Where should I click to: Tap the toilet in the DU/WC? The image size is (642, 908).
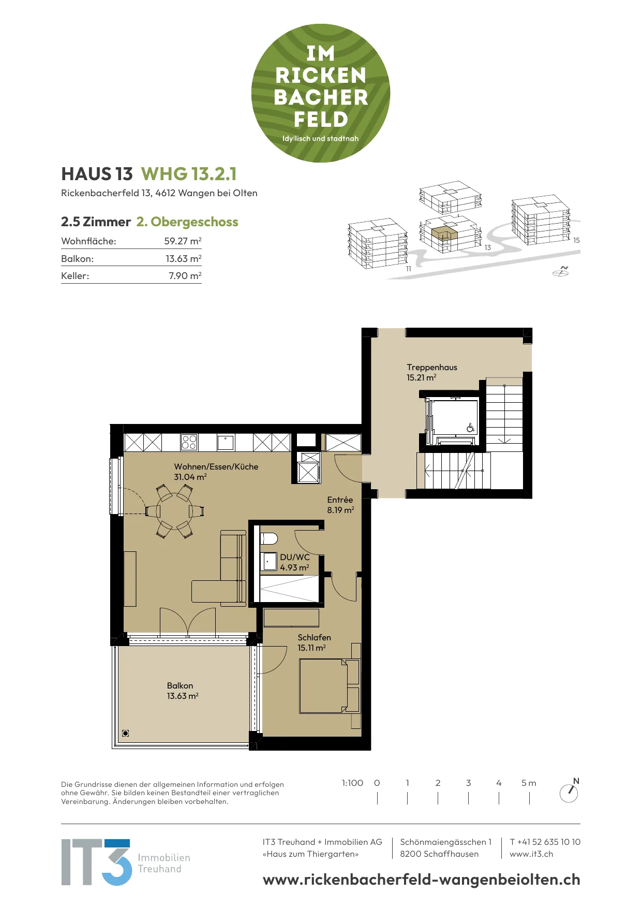tap(269, 538)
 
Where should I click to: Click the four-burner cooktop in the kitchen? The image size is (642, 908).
tap(189, 442)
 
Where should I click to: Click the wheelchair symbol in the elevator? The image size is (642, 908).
tap(470, 428)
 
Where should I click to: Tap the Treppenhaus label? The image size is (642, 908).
tap(432, 367)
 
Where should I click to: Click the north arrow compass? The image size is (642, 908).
tap(569, 792)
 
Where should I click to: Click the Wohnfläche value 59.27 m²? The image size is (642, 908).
tap(183, 241)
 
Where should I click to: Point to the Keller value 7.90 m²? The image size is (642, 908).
tap(185, 276)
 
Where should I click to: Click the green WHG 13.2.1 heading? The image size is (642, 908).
tap(189, 174)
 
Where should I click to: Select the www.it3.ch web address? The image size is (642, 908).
tap(531, 854)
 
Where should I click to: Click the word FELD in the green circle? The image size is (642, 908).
tap(321, 120)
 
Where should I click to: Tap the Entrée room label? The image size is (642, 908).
tap(340, 500)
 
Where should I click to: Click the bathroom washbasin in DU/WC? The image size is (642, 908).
tap(268, 562)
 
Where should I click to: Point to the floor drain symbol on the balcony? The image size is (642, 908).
tap(125, 733)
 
